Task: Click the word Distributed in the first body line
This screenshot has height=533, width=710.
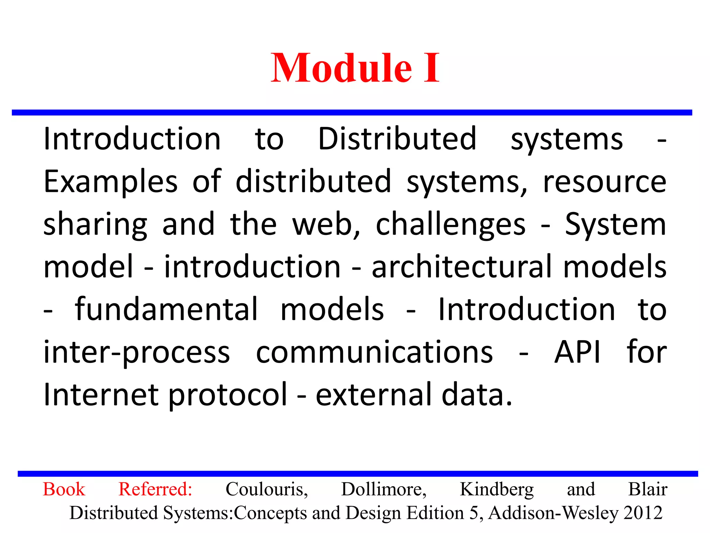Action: tap(397, 139)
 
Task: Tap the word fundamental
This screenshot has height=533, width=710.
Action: tap(166, 309)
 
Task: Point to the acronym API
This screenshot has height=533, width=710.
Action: tap(577, 352)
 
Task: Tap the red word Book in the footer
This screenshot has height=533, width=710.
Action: tap(64, 489)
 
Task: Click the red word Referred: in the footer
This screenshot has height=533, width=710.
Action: tap(155, 489)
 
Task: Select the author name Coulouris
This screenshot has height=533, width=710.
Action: tap(267, 489)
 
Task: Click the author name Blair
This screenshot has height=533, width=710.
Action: tap(648, 489)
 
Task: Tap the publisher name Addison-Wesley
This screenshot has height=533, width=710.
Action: tap(553, 513)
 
